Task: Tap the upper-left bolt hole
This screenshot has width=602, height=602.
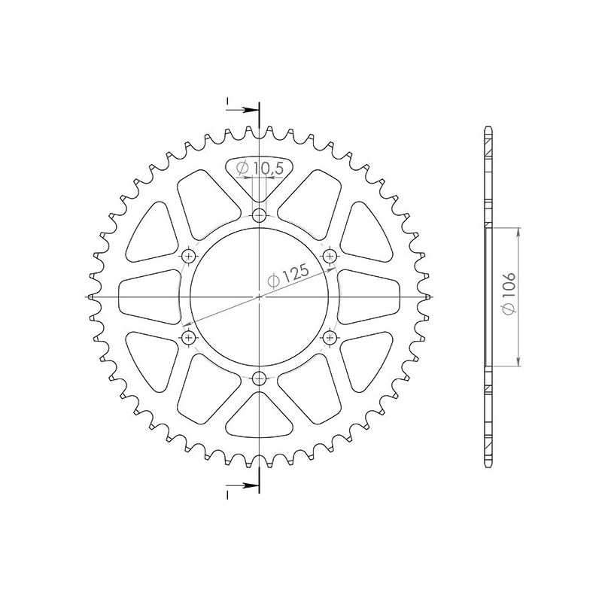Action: (x=188, y=257)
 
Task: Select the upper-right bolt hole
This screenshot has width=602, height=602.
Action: (x=329, y=257)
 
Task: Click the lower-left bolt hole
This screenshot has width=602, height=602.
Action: (x=188, y=338)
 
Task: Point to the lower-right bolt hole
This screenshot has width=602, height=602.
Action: (x=329, y=338)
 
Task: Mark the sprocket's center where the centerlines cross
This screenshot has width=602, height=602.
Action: (x=259, y=297)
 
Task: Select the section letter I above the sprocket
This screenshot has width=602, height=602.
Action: (x=227, y=100)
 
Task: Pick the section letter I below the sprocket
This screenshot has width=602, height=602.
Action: (x=227, y=494)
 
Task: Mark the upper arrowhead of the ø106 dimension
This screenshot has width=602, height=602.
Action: (x=519, y=230)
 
